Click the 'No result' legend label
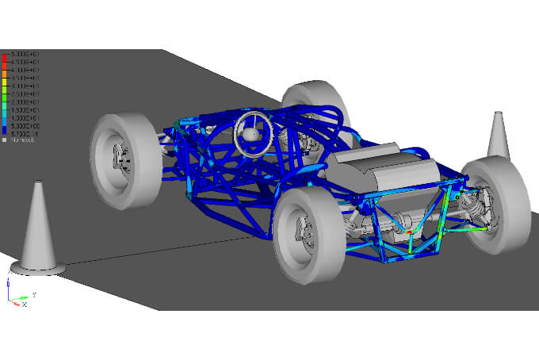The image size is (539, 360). coord(23,140)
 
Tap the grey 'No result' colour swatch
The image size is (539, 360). coord(5,140)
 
